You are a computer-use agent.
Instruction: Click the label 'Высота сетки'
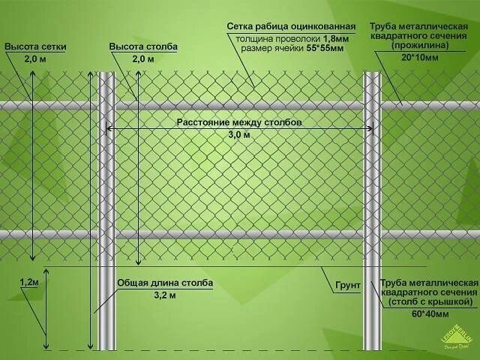pos(36,46)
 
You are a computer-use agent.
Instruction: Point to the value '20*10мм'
pos(420,57)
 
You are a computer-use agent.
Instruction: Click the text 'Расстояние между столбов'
pos(239,122)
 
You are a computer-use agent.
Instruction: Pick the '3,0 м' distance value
pos(239,135)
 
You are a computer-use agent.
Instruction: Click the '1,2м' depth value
pos(28,282)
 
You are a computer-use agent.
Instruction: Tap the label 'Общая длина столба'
pos(165,283)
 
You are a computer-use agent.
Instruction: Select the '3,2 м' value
pos(165,295)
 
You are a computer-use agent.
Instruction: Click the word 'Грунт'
pos(348,286)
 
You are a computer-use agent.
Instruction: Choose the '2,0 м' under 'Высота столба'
pos(142,58)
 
